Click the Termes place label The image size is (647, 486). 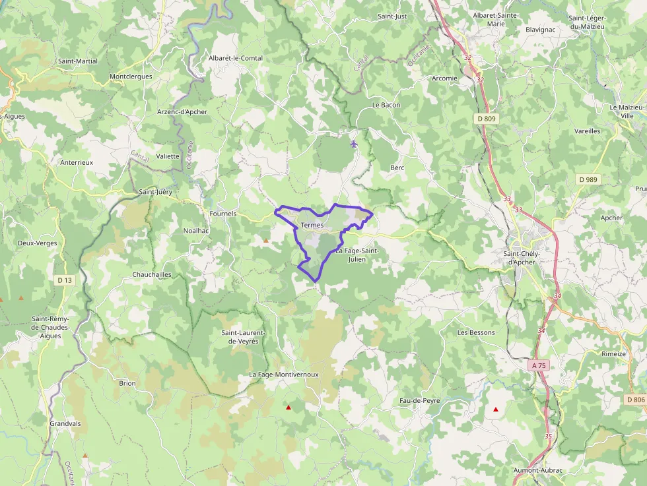(x=312, y=225)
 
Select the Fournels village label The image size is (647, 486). (x=222, y=214)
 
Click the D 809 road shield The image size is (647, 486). (x=485, y=119)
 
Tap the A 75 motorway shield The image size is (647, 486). (x=539, y=365)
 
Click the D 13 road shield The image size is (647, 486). (x=64, y=280)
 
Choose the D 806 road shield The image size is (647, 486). (x=634, y=400)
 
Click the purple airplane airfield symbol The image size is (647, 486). (x=355, y=143)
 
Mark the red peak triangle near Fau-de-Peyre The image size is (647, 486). (x=496, y=410)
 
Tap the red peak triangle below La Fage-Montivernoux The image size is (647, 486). (x=288, y=408)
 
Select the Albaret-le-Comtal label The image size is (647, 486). (x=236, y=58)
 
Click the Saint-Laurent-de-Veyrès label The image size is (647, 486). (x=243, y=337)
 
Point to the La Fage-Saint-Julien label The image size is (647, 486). (x=357, y=255)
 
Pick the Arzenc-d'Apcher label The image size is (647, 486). (x=182, y=112)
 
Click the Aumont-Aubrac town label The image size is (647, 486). (x=538, y=470)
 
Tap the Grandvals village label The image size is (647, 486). (x=65, y=423)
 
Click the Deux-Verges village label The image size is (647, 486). (x=38, y=243)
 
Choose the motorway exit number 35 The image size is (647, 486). (x=548, y=436)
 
